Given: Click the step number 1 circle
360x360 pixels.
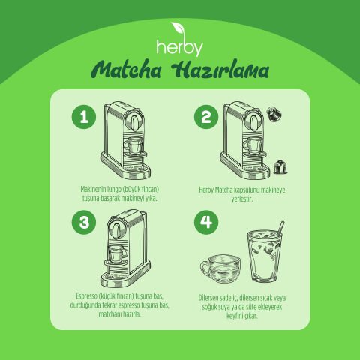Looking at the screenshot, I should (x=84, y=118).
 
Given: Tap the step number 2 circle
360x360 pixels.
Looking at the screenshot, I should (x=202, y=118).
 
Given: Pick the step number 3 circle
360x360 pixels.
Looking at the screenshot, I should (x=84, y=223).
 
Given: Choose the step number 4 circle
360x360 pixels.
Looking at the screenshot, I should (x=202, y=223).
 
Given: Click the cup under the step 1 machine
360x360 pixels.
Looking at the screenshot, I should (x=136, y=145).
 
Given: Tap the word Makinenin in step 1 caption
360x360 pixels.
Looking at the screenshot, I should (x=94, y=190).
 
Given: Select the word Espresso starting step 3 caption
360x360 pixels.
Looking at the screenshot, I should (x=91, y=298).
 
